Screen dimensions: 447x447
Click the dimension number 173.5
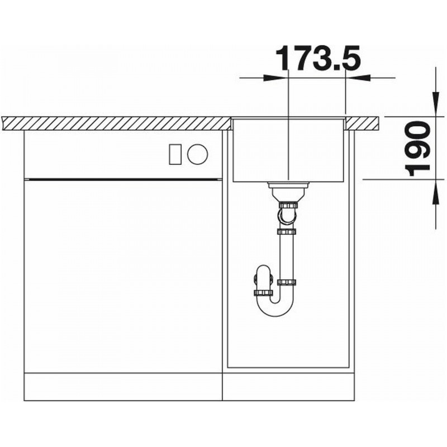pos(318,59)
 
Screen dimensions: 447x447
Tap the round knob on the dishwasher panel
pos(198,154)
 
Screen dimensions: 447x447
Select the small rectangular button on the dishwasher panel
pos(175,154)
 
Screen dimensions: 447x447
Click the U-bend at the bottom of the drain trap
pos(275,308)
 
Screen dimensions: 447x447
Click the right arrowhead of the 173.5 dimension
pos(358,78)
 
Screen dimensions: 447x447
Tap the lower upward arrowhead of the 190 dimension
pos(436,192)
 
